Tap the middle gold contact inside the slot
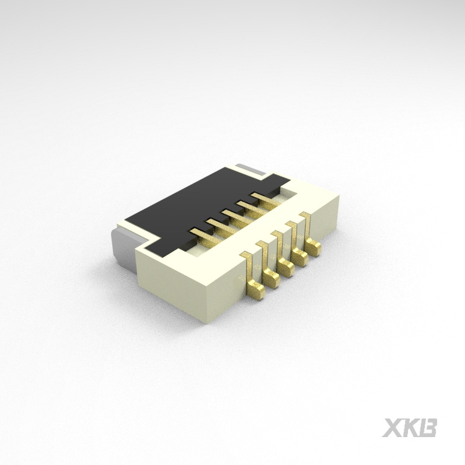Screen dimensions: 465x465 click(x=233, y=215)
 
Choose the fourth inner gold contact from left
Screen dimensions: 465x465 click(x=249, y=206)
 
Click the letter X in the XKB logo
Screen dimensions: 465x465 click(x=392, y=428)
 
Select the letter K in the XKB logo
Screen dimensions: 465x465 click(x=411, y=428)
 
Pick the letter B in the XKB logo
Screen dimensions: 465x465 click(x=428, y=428)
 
